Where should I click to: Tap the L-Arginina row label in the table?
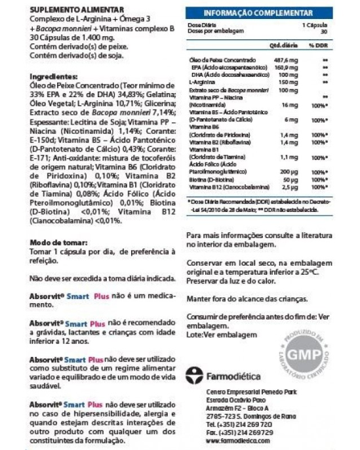coord(200,82)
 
